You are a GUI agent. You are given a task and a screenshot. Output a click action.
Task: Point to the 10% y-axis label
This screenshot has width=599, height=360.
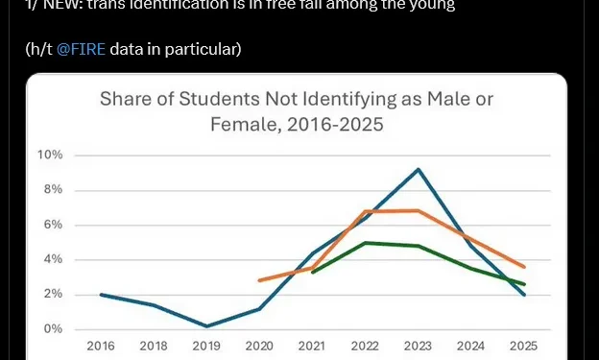click(50, 156)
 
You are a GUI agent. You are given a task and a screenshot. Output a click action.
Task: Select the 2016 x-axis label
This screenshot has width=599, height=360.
click(100, 346)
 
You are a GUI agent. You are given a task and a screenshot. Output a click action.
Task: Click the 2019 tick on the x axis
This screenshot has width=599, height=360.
click(205, 346)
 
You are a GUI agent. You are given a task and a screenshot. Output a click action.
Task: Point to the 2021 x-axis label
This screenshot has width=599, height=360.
click(311, 346)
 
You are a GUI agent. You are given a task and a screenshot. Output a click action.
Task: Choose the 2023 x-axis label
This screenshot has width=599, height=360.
click(417, 346)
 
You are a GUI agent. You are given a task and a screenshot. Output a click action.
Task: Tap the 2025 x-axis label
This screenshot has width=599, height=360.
click(522, 346)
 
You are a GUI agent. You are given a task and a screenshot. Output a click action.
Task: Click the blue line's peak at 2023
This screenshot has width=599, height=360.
click(417, 170)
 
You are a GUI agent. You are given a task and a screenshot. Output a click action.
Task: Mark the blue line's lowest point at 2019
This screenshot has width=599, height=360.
click(205, 325)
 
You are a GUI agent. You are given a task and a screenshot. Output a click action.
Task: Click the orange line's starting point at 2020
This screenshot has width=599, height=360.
click(259, 280)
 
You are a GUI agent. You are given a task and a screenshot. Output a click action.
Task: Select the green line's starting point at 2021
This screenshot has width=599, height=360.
click(312, 273)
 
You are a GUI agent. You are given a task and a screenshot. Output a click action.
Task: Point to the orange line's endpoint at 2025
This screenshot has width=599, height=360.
click(523, 267)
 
